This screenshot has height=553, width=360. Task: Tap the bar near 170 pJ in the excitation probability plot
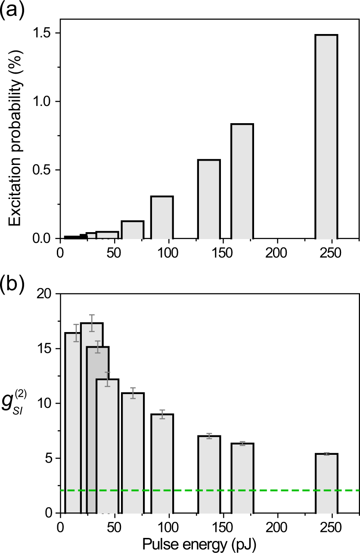(x=242, y=181)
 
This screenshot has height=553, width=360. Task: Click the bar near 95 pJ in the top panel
(x=162, y=217)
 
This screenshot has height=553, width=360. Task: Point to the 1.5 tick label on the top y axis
(x=42, y=33)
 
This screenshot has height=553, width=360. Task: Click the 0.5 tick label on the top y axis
(x=42, y=170)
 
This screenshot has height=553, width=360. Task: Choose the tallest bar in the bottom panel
(x=92, y=418)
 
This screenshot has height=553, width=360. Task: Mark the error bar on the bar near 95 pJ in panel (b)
(x=162, y=414)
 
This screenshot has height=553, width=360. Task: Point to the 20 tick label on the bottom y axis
(x=45, y=294)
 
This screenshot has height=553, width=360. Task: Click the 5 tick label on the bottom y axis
(x=49, y=458)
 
